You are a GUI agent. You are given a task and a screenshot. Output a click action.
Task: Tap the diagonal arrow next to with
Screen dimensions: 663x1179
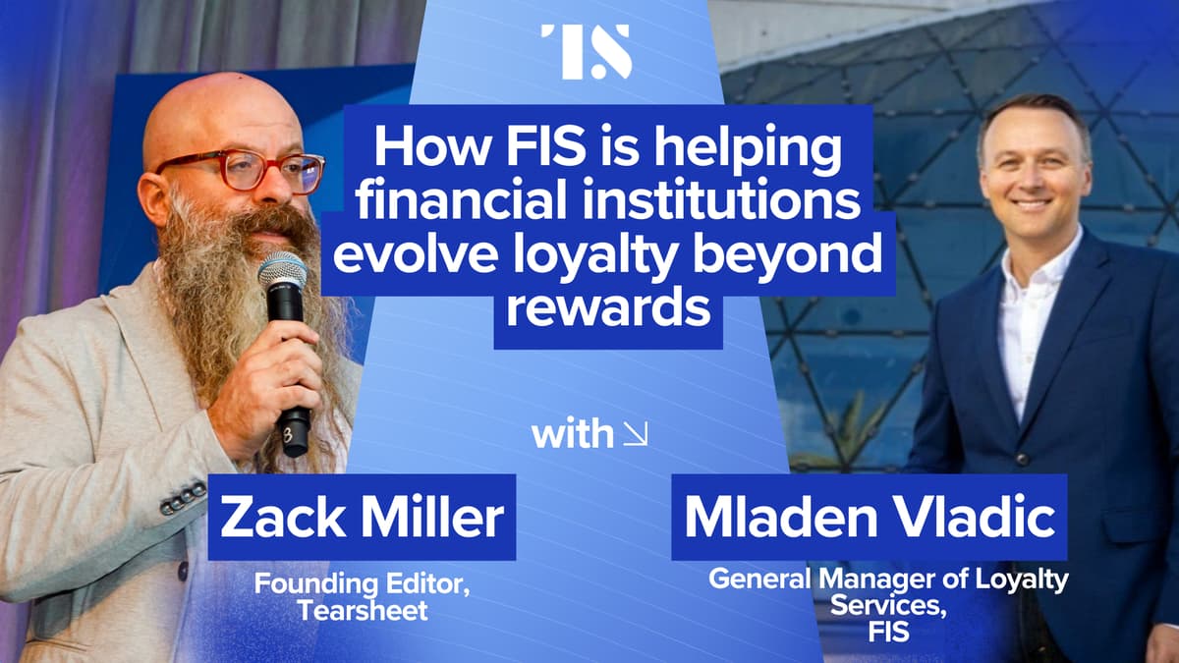(636, 433)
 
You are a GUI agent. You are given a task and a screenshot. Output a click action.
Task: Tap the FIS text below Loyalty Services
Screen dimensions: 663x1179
(887, 634)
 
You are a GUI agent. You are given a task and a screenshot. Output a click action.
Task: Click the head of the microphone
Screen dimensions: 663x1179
(282, 270)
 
